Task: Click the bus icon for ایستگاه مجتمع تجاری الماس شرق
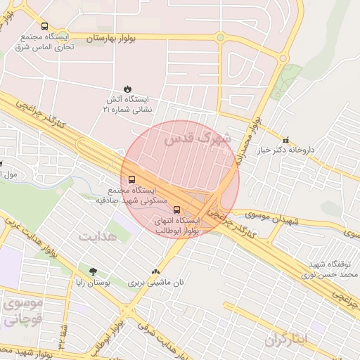pos(45,26)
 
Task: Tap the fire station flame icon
pos(127,89)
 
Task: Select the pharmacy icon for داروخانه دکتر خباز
pos(285,139)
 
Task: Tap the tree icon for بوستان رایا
pos(94,271)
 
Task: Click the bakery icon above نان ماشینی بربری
pos(155,271)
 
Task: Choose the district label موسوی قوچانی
pos(22,311)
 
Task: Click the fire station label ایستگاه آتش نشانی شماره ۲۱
pos(131,105)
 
